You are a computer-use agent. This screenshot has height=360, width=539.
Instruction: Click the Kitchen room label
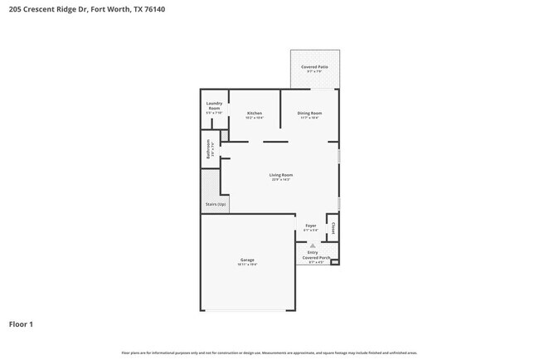pos(255,113)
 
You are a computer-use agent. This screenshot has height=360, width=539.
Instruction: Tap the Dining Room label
pos(310,113)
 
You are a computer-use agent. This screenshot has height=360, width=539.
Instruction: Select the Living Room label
pos(281,175)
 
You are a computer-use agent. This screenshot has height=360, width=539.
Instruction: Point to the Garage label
pos(247,260)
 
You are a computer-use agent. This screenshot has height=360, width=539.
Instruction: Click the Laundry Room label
pos(214,106)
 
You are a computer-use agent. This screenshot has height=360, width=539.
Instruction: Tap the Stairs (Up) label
pos(216,204)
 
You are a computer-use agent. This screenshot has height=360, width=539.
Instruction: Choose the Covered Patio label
pos(314,66)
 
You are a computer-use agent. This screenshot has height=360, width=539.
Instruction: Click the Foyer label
pos(311,226)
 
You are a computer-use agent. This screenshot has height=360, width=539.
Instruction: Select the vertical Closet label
pos(333,226)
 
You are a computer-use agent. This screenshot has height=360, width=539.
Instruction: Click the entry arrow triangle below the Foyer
pos(312,246)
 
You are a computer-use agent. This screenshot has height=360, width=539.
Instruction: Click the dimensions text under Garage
pos(247,265)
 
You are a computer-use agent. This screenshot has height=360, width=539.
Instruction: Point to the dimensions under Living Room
pos(281,179)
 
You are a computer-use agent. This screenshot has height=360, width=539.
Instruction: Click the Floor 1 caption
pos(21,324)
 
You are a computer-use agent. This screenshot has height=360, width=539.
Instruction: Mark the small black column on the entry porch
pos(334,262)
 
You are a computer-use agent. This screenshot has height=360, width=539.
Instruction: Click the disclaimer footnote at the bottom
pos(269,353)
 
